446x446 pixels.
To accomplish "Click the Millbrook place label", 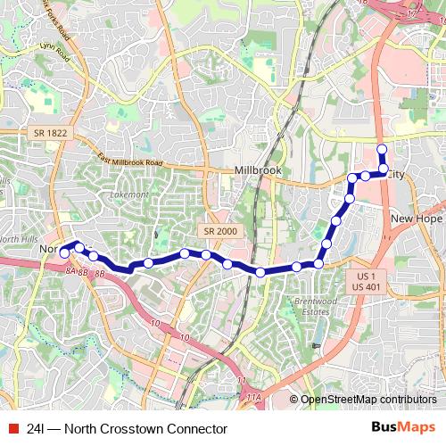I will [255, 170].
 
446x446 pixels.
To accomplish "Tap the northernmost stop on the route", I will [382, 149].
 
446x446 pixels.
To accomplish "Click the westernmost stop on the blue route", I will [64, 252].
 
